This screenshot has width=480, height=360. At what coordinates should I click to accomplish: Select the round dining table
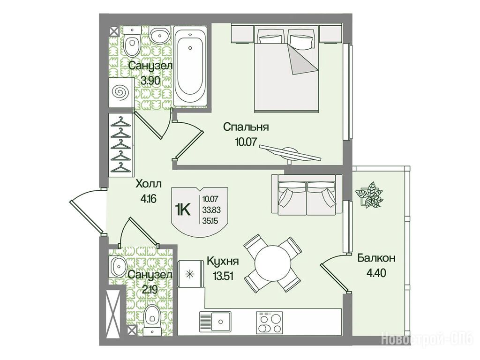[x=272, y=263]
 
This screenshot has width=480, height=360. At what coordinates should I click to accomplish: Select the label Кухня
[x=223, y=262]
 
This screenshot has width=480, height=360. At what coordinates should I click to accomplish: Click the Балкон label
[x=376, y=258]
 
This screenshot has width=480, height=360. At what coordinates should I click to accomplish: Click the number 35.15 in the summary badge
[x=210, y=220]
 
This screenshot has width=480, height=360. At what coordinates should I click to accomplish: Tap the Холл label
[x=149, y=184]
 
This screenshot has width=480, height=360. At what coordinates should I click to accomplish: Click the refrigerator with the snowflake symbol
[x=191, y=274]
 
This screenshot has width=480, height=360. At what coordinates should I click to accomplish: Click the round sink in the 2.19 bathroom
[x=118, y=266]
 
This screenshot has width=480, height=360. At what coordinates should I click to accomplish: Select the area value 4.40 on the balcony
[x=376, y=272]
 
